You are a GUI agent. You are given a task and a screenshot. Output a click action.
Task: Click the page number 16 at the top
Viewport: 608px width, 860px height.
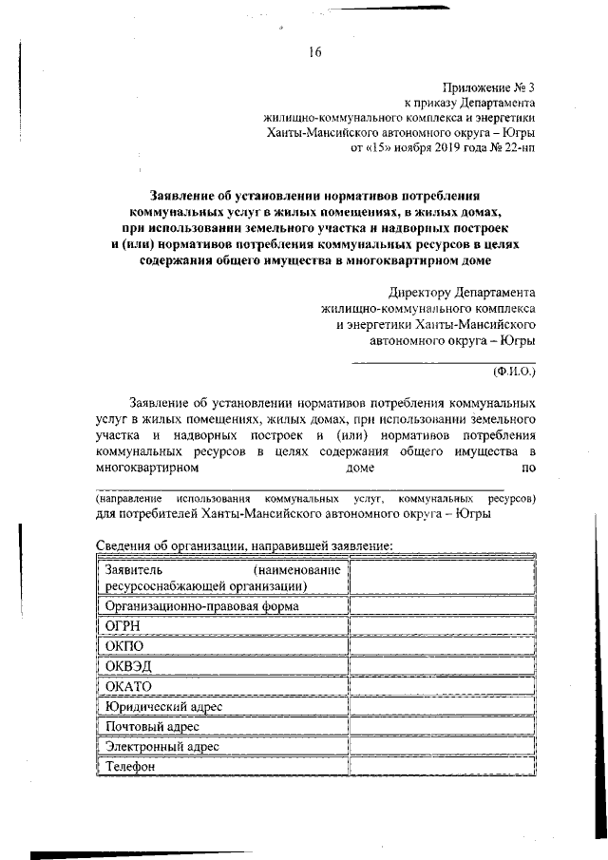pyautogui.click(x=315, y=52)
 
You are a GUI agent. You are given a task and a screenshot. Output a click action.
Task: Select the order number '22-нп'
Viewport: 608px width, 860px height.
pyautogui.click(x=517, y=148)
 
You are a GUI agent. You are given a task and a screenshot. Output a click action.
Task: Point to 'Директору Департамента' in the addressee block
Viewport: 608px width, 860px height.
pyautogui.click(x=462, y=293)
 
